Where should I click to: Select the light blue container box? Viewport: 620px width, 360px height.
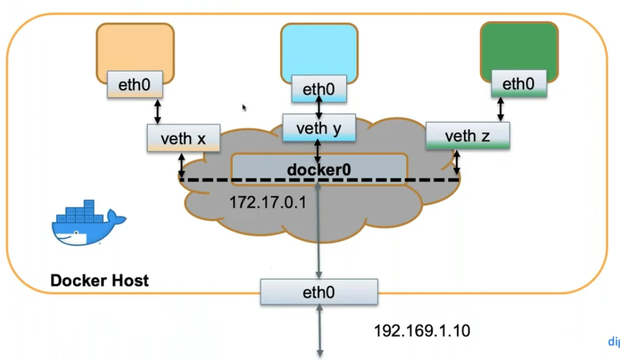click(x=319, y=50)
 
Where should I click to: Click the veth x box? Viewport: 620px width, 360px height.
click(x=183, y=138)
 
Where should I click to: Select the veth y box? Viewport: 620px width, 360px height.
click(x=319, y=128)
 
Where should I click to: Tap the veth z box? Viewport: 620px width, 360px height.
click(x=467, y=135)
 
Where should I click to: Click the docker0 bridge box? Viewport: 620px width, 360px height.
click(x=319, y=169)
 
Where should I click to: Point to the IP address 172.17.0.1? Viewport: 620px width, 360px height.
click(x=267, y=203)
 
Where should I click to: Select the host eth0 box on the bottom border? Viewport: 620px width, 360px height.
click(x=319, y=292)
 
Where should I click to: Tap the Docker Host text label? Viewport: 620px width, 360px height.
click(x=100, y=280)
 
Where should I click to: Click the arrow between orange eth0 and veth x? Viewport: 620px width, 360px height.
click(x=157, y=111)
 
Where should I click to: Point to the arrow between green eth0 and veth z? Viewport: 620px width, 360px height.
click(x=501, y=109)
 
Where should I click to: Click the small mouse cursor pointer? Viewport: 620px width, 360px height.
click(x=244, y=108)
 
